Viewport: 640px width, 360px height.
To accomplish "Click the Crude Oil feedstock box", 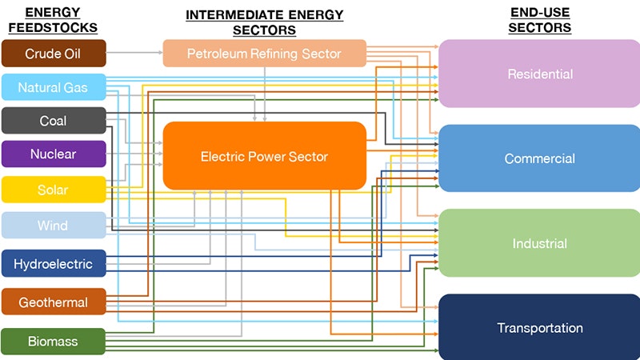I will click(x=54, y=54).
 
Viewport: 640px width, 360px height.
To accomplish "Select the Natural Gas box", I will click(x=54, y=87).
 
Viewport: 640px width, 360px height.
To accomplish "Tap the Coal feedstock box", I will click(x=54, y=121).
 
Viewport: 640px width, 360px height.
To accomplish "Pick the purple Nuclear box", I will click(x=54, y=154).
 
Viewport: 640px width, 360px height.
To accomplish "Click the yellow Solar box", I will click(x=54, y=190).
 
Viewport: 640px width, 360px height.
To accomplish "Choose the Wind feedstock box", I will click(x=54, y=226).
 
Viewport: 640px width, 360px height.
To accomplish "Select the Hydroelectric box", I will click(x=54, y=264).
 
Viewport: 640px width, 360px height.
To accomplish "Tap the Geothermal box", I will click(x=54, y=302).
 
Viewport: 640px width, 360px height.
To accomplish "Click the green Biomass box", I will click(x=54, y=342).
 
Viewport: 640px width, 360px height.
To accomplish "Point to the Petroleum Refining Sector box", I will click(x=264, y=54).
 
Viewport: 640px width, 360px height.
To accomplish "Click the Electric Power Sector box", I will click(x=264, y=156).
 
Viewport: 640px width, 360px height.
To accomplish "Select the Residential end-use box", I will click(x=539, y=74).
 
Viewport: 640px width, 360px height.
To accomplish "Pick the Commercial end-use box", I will click(x=539, y=158).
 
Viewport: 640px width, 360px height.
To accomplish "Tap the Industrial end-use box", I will click(x=539, y=243).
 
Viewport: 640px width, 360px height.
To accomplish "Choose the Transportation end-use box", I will click(x=539, y=327).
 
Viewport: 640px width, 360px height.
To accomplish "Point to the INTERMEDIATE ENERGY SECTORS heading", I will click(x=264, y=22).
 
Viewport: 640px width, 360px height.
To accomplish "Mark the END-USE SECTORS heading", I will click(x=541, y=20).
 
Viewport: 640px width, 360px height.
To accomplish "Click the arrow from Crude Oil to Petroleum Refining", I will click(x=134, y=54).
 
